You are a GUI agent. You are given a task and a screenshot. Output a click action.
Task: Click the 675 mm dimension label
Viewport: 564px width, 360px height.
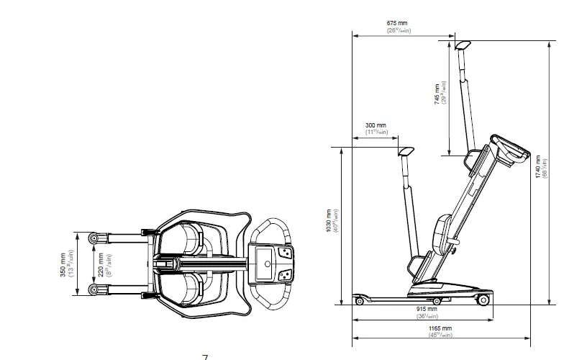[x=396, y=23]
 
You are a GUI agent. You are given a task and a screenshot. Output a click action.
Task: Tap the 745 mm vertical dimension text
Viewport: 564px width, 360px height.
[x=437, y=94]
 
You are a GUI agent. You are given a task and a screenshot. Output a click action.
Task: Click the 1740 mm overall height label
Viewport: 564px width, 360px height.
[x=538, y=166]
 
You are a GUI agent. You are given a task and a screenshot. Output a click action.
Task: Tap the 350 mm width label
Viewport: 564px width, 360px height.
[x=63, y=264]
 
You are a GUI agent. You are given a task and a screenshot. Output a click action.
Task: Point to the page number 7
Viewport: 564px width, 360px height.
[x=205, y=356]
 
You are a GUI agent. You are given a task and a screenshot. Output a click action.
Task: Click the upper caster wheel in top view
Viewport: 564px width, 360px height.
[x=93, y=238]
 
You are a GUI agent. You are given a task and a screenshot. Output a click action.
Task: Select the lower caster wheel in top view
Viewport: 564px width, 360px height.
[x=93, y=289]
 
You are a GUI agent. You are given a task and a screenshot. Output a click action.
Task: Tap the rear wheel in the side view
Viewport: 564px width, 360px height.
[x=483, y=300]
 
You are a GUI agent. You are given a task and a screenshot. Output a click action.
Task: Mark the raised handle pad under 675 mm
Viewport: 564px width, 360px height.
[x=462, y=44]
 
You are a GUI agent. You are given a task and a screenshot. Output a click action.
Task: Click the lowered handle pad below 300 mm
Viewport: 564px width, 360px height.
[x=406, y=151]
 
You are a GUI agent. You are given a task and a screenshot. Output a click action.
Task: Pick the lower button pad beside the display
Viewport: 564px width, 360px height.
[x=286, y=274]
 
